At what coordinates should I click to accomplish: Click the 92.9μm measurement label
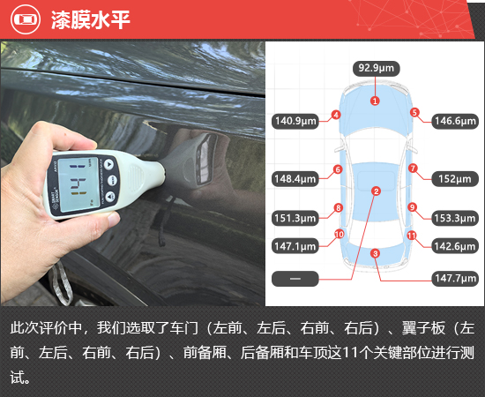click(x=377, y=69)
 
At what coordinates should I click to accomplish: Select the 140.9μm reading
click(x=295, y=121)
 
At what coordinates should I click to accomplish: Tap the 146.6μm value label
click(x=455, y=121)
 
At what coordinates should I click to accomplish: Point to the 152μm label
click(x=455, y=179)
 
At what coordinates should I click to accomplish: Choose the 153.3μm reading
click(x=455, y=218)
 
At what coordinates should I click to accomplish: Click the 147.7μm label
click(x=455, y=279)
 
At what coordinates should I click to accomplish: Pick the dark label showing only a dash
click(x=295, y=279)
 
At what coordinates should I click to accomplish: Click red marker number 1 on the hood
click(x=375, y=101)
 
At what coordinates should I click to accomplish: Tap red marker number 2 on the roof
click(x=377, y=191)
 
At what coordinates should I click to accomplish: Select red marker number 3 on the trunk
click(x=375, y=254)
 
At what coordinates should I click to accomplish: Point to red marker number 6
click(x=338, y=169)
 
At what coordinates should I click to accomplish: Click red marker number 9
click(x=412, y=207)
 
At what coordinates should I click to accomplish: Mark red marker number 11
click(x=412, y=236)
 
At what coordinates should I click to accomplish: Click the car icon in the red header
click(x=26, y=19)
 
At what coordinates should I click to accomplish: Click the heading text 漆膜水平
click(x=90, y=19)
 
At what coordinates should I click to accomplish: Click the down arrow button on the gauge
click(x=110, y=197)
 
